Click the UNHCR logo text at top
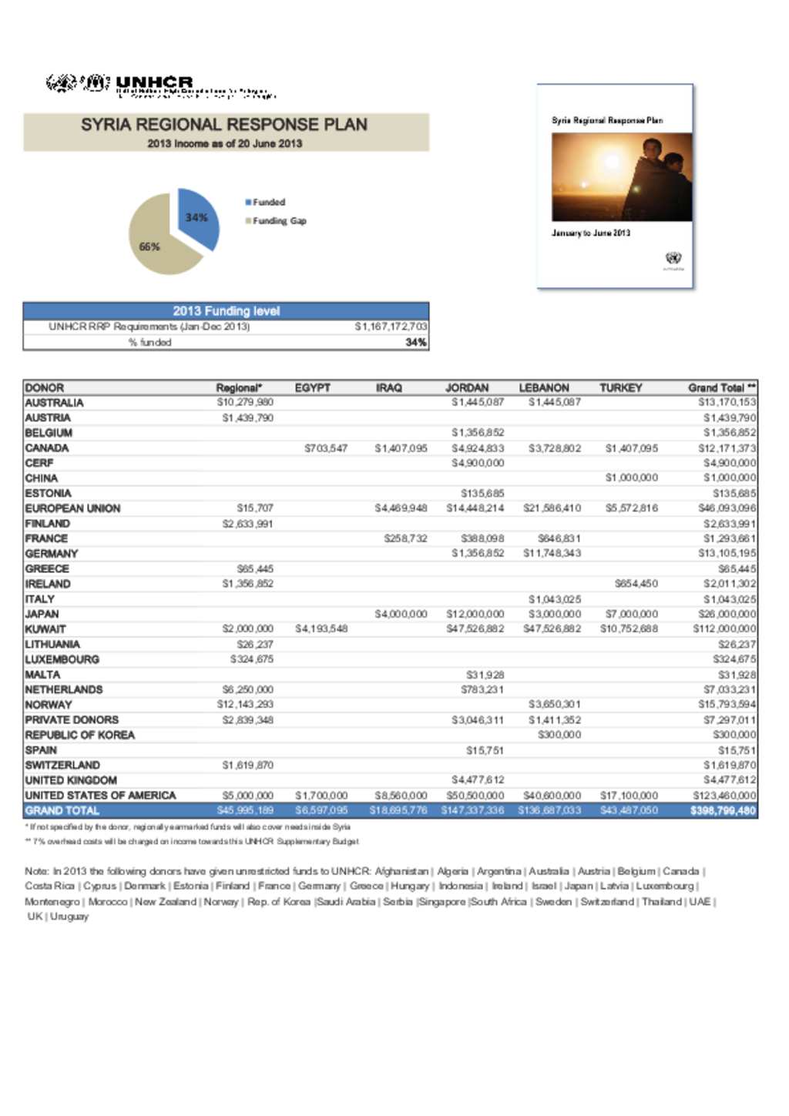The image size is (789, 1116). [154, 82]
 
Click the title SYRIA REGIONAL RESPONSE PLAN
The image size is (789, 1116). [224, 125]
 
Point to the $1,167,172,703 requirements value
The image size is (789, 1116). [390, 327]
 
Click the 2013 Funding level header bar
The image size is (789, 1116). [226, 311]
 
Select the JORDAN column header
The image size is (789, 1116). [467, 388]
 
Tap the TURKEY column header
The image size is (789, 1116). [620, 388]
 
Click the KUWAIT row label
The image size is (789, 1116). [45, 629]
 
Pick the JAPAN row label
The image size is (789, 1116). [42, 614]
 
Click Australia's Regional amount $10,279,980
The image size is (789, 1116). [245, 402]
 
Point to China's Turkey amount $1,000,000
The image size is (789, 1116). [631, 478]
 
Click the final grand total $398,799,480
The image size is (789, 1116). [723, 811]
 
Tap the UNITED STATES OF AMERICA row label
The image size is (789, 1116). [100, 796]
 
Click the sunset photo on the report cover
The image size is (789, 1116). [621, 177]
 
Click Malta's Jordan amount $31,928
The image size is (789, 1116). [485, 675]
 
